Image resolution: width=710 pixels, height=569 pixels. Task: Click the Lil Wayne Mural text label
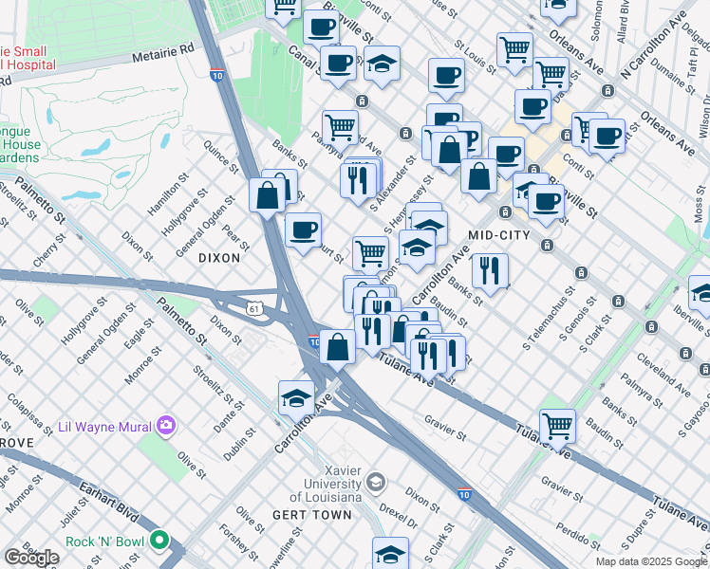(x=104, y=426)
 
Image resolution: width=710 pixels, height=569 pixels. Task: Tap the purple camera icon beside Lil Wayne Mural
(x=167, y=425)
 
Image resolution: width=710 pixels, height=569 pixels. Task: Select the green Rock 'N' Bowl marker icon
(x=159, y=541)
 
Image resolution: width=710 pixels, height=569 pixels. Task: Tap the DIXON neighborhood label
(x=219, y=257)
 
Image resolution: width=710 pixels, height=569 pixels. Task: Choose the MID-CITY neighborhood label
(x=500, y=233)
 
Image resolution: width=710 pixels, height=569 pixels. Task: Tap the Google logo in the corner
(x=32, y=558)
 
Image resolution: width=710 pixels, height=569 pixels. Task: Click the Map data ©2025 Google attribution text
(x=651, y=561)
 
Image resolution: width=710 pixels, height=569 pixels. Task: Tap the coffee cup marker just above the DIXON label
(x=303, y=229)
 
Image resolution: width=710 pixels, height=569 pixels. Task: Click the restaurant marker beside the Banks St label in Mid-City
(x=490, y=269)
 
